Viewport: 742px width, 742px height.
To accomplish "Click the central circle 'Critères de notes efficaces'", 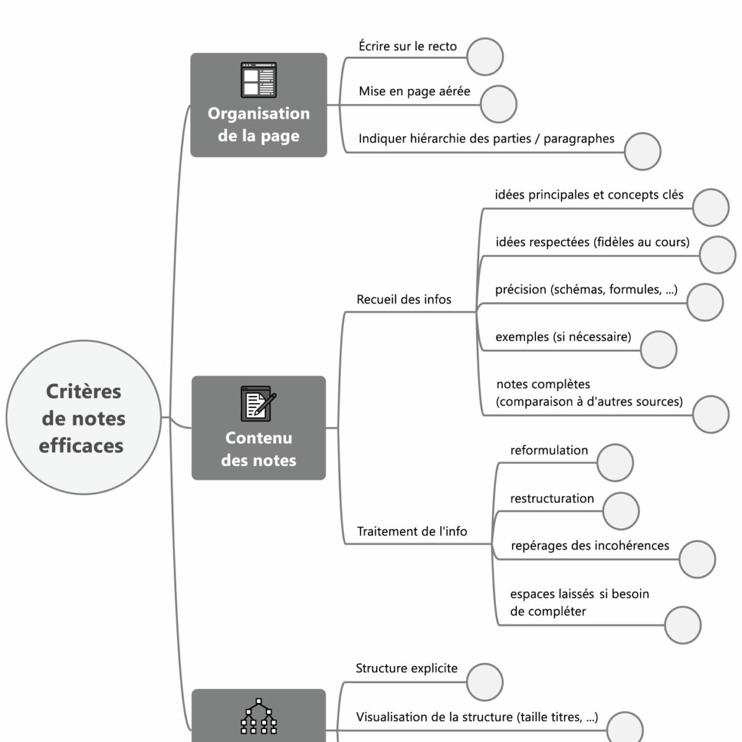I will (x=83, y=418).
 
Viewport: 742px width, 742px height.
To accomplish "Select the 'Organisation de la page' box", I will (x=258, y=105).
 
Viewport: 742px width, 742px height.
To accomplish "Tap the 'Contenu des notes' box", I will (x=258, y=428).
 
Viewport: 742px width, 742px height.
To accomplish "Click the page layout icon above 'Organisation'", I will (x=258, y=80).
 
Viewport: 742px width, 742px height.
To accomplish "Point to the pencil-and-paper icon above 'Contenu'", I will (x=258, y=403).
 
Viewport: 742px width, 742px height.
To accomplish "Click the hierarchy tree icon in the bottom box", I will (x=258, y=717).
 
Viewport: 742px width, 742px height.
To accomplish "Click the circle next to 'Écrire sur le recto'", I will (x=485, y=57).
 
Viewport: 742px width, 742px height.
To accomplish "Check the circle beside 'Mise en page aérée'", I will (x=498, y=104).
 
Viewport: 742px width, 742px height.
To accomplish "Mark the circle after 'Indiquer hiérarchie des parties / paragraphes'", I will (x=642, y=151).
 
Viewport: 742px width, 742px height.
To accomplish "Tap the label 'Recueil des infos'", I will (x=404, y=300).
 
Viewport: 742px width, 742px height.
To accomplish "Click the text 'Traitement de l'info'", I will (x=412, y=531).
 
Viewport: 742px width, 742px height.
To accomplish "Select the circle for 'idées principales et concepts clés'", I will (x=710, y=208).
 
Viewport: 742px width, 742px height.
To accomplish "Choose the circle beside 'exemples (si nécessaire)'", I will (x=659, y=349).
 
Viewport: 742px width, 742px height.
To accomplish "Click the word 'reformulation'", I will (x=549, y=451).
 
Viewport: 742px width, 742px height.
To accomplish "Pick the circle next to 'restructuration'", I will (x=621, y=511).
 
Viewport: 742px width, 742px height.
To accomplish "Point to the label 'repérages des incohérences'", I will (x=590, y=546).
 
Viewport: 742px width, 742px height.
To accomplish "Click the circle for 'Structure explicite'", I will (x=485, y=682).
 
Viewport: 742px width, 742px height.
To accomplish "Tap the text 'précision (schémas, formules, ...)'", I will (x=586, y=290).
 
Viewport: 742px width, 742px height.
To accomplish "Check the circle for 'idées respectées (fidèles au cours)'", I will (x=718, y=255).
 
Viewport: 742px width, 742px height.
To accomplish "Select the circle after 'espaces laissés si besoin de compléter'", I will (x=683, y=625).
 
